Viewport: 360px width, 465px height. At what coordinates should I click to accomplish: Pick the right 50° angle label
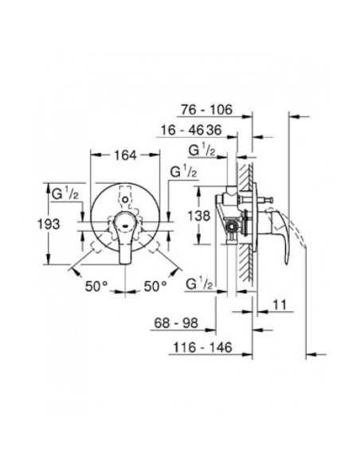point(155,284)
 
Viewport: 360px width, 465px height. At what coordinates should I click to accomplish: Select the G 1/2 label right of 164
point(183,171)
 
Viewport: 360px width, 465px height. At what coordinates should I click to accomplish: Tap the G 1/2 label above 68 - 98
point(199,285)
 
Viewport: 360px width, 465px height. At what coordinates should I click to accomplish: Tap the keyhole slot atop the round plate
point(126,194)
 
